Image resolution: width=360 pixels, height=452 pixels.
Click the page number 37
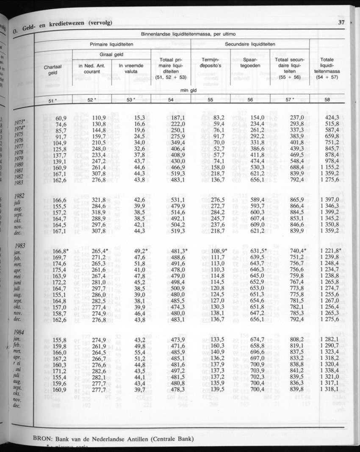tap(342, 23)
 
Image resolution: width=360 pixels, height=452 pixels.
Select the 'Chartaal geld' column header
tap(53, 70)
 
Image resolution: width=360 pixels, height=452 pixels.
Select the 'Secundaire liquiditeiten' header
tap(250, 44)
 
